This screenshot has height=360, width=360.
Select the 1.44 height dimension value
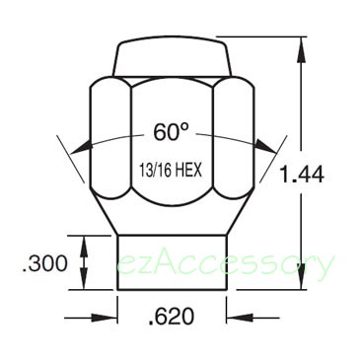point(302,174)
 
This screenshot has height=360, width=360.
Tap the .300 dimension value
point(45,263)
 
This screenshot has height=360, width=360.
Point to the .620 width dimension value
point(172,317)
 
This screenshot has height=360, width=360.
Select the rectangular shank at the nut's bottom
point(172,262)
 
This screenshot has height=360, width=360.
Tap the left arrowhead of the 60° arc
point(81,147)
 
